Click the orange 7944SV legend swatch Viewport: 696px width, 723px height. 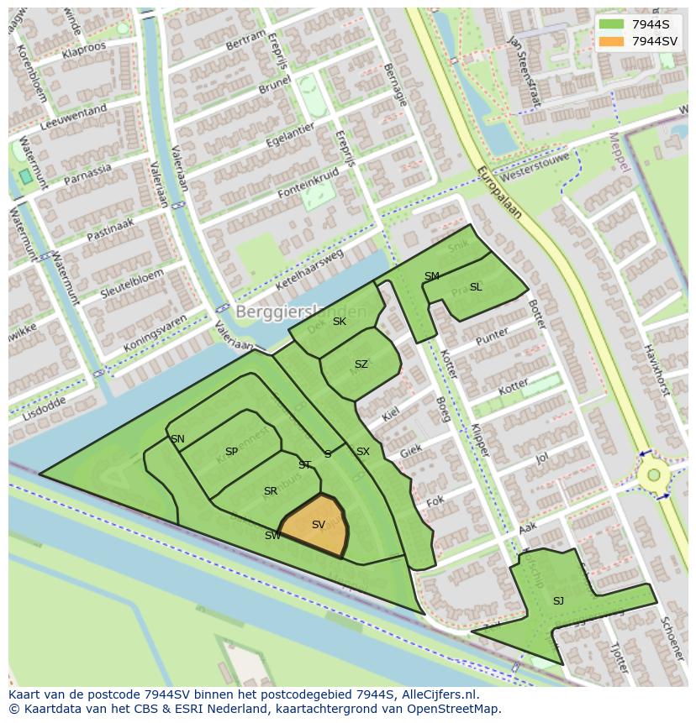pos(612,41)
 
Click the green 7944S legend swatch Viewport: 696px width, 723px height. pos(612,24)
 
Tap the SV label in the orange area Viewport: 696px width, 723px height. pos(318,525)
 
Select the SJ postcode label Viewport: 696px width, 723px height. pos(558,600)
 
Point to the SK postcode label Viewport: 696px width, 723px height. pos(339,322)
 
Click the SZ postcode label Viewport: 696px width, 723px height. pos(361,364)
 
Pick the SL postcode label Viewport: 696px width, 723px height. pos(476,287)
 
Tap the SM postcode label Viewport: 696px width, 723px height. pos(431,276)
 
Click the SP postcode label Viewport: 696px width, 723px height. pos(231,452)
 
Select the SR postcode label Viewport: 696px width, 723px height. pos(270,491)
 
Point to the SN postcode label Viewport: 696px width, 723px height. pos(177,439)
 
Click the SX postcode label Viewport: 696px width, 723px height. pos(362,452)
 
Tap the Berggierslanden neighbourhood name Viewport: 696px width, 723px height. pos(301,312)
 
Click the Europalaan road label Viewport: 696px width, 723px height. pos(499,192)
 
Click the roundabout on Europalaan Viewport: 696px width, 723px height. pos(653,475)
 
